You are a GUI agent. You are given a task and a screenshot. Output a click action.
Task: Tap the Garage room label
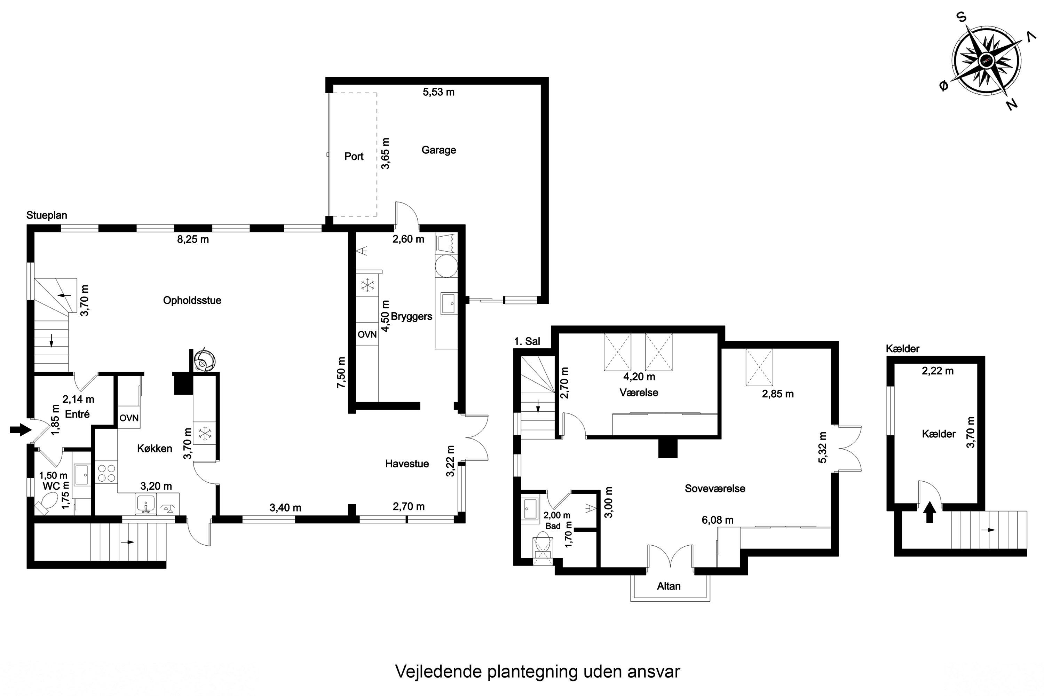[438, 150]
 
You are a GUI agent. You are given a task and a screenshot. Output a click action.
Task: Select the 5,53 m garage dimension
[438, 92]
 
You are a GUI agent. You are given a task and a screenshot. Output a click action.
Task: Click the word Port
[354, 156]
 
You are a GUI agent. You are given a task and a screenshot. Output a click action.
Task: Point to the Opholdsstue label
[192, 301]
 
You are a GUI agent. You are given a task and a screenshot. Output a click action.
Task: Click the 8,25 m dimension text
[193, 239]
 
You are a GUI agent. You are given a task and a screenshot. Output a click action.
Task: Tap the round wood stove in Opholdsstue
[205, 359]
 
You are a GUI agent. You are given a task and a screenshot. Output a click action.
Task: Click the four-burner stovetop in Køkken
[106, 473]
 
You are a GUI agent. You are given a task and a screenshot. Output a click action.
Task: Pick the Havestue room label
[407, 464]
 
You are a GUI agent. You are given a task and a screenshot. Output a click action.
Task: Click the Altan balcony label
[669, 586]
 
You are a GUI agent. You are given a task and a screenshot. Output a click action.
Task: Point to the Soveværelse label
[715, 488]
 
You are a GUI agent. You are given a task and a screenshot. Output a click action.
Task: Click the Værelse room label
[639, 393]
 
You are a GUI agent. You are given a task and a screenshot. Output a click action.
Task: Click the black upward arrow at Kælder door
[930, 512]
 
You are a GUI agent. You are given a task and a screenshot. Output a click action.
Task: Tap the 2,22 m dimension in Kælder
[938, 371]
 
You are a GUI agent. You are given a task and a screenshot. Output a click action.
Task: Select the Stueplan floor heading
[47, 215]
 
